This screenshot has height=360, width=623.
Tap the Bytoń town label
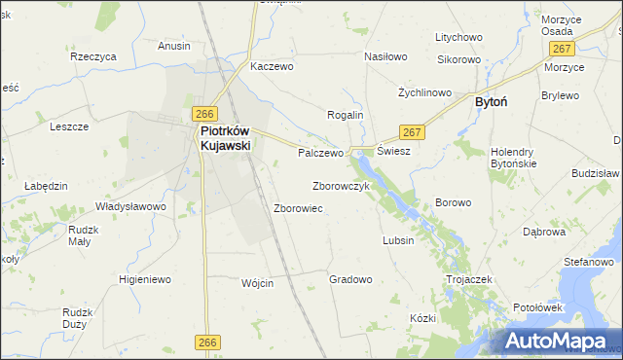click(492, 100)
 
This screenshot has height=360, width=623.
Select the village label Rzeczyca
click(93, 56)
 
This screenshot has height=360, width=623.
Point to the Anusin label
click(174, 45)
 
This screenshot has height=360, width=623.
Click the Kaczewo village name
click(272, 66)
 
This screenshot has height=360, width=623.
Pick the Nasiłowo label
click(385, 56)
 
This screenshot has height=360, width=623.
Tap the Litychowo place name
click(459, 37)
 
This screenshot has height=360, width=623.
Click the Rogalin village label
click(345, 115)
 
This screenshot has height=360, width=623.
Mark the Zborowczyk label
click(341, 185)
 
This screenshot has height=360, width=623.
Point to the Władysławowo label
click(130, 206)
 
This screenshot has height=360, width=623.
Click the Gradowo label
click(350, 279)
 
